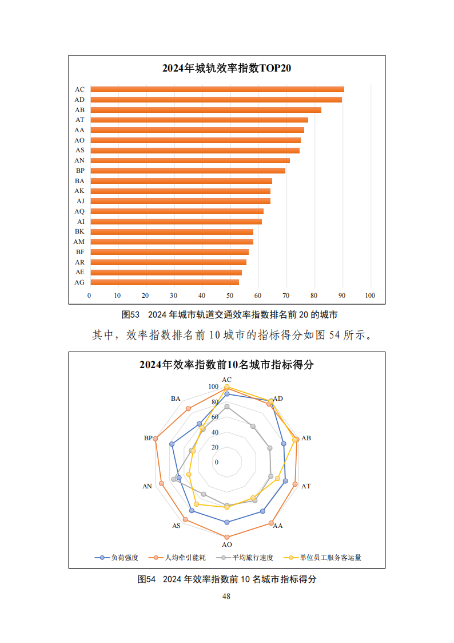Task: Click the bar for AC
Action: point(217,89)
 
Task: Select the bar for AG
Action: point(165,282)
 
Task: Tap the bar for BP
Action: point(188,171)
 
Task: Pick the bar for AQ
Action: point(177,211)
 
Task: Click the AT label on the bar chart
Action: point(79,120)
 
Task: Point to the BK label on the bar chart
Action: point(79,231)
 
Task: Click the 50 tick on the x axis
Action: point(230,295)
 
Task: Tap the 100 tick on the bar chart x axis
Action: point(370,295)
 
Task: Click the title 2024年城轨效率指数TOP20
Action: point(226,69)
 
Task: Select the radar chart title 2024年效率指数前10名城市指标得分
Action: point(226,365)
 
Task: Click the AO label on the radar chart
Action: point(227,545)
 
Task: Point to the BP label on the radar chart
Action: point(148,438)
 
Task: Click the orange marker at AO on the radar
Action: point(227,537)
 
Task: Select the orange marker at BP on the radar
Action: point(156,439)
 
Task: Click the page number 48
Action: point(226,596)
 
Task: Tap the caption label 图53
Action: point(131,315)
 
